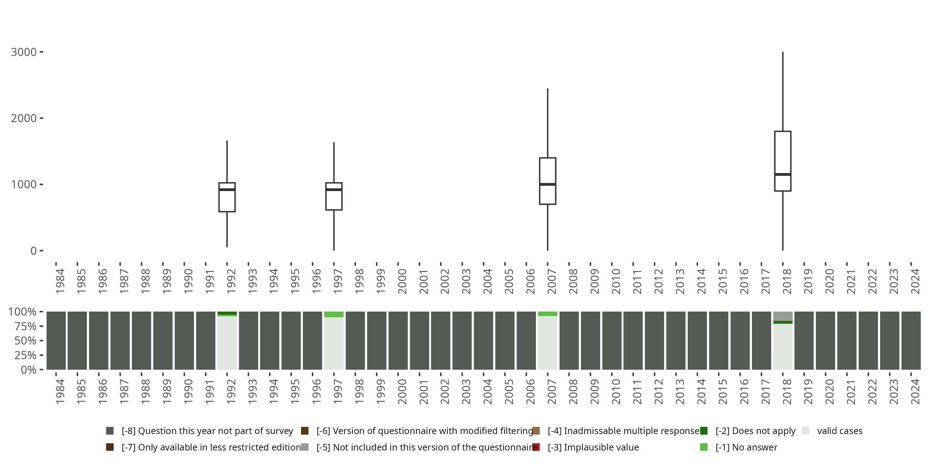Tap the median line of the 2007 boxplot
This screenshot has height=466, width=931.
click(x=547, y=185)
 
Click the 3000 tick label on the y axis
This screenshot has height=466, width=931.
click(x=24, y=52)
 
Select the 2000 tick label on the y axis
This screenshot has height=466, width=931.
click(x=24, y=118)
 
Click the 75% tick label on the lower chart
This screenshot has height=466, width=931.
click(x=25, y=326)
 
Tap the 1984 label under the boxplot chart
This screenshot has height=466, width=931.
click(x=60, y=281)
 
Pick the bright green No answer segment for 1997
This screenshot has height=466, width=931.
click(x=334, y=314)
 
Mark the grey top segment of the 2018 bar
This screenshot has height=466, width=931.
click(x=783, y=316)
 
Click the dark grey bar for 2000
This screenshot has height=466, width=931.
click(x=398, y=340)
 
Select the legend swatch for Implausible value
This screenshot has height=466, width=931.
click(x=536, y=447)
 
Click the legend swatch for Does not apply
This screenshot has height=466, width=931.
click(x=704, y=431)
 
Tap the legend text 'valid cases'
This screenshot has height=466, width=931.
click(x=839, y=431)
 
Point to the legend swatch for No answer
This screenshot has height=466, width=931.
click(x=704, y=447)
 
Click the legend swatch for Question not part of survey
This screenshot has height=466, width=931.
click(x=110, y=431)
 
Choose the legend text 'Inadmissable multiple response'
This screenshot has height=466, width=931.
click(x=623, y=431)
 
